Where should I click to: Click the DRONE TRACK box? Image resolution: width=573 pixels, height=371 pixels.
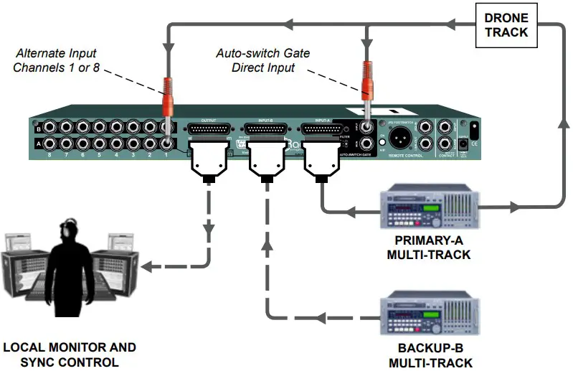click(506, 25)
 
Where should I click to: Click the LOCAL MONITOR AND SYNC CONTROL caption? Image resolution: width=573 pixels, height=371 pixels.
click(69, 354)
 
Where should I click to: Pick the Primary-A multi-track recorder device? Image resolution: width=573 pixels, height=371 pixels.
click(429, 207)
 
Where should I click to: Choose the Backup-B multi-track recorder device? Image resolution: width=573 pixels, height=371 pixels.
click(429, 316)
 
